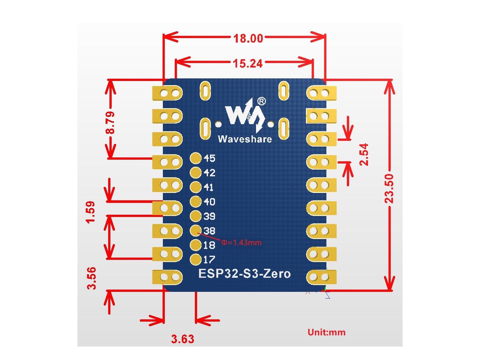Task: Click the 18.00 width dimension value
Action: click(x=248, y=38)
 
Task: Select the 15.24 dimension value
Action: click(x=248, y=64)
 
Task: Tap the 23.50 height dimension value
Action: click(x=389, y=188)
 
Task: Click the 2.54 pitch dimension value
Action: click(x=364, y=155)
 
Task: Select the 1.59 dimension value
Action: click(x=91, y=212)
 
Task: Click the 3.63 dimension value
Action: click(x=183, y=339)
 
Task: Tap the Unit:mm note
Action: click(x=326, y=332)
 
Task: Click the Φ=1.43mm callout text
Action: click(x=241, y=243)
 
